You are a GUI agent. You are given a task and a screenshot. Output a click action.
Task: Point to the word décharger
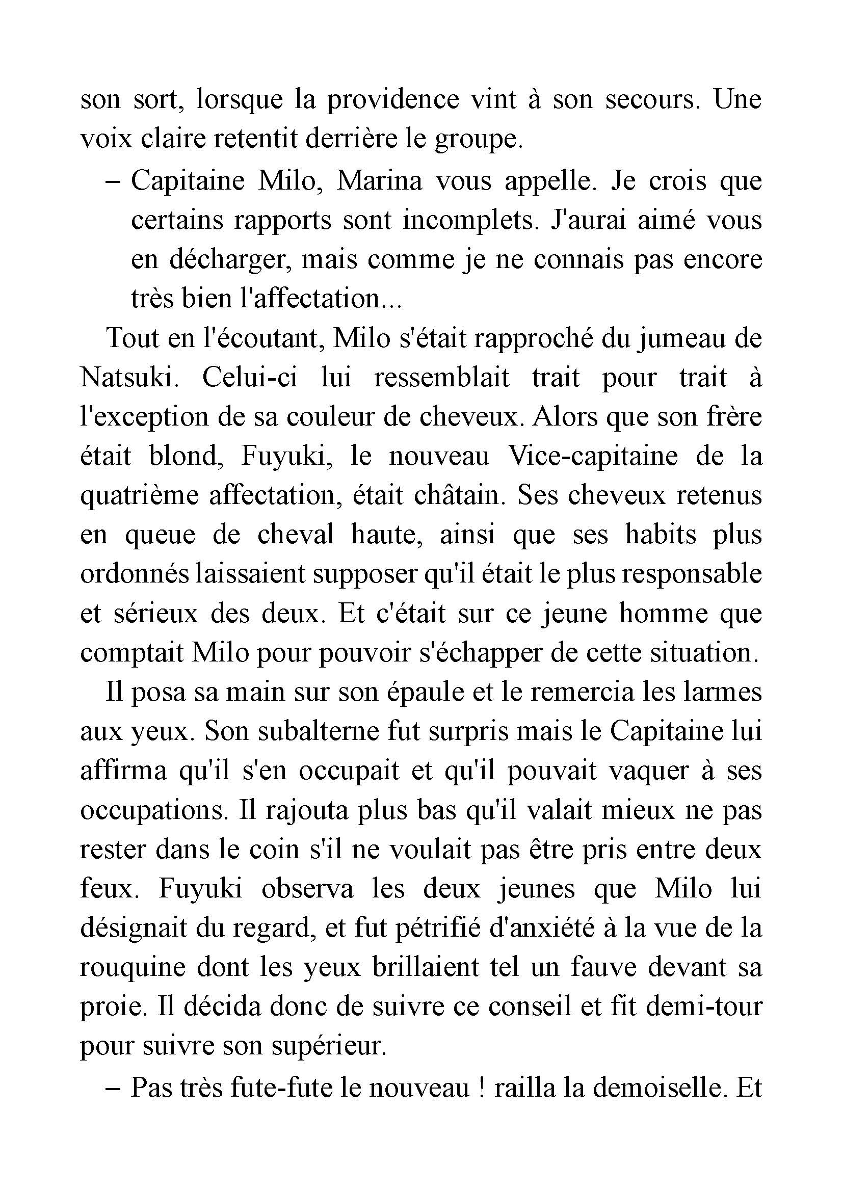click(228, 259)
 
